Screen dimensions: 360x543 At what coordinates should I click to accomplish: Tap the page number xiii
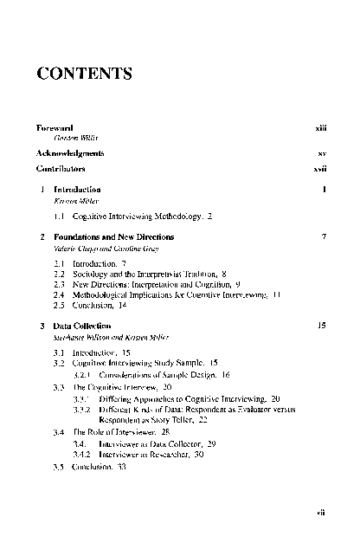point(320,128)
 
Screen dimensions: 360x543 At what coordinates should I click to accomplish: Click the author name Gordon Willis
point(71,139)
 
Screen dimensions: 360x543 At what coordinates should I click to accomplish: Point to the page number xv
point(321,152)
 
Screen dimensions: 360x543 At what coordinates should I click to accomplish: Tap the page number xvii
point(319,170)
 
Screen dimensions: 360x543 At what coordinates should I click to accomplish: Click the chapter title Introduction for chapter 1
point(77,189)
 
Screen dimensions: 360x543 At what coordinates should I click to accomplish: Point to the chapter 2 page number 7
point(323,236)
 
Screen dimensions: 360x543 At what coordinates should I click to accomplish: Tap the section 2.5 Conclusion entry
point(95,306)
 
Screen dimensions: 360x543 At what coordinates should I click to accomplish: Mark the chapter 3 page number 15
point(321,326)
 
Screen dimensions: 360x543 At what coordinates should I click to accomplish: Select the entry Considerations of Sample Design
point(159,375)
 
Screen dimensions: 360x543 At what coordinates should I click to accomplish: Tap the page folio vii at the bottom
point(320,512)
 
